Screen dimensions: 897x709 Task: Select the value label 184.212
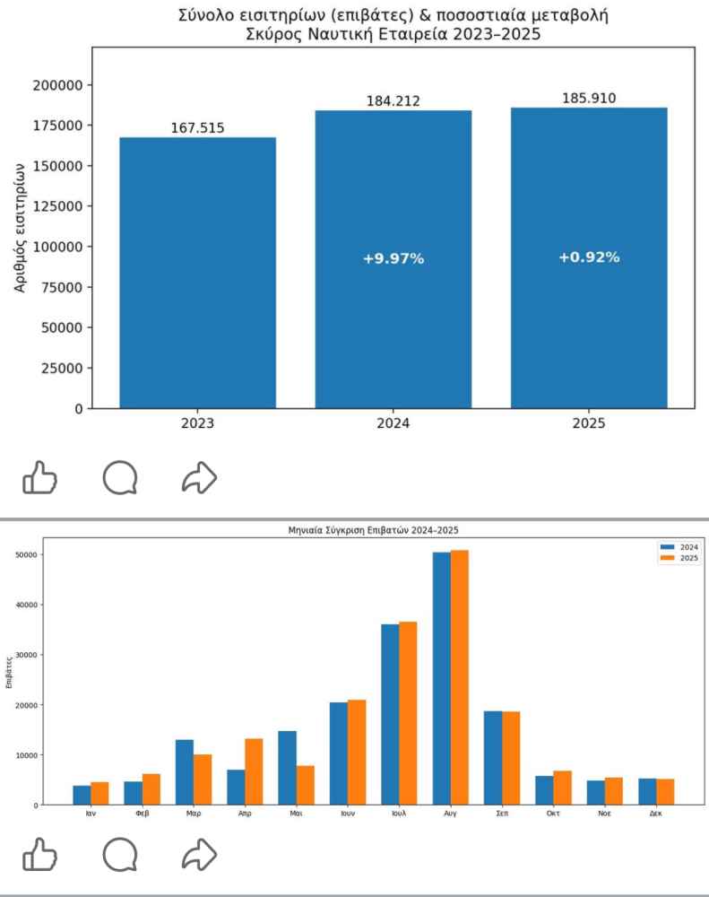tap(393, 100)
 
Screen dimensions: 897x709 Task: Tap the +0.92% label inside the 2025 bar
tap(589, 257)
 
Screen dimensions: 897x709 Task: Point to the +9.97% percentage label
tap(393, 259)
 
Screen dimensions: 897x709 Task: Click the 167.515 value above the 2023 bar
tap(197, 127)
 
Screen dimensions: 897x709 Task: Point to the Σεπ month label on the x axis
tap(502, 813)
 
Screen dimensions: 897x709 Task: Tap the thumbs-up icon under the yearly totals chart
tap(39, 478)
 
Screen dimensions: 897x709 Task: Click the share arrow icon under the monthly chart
tap(199, 855)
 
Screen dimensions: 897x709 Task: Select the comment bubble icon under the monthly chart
tap(120, 855)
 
